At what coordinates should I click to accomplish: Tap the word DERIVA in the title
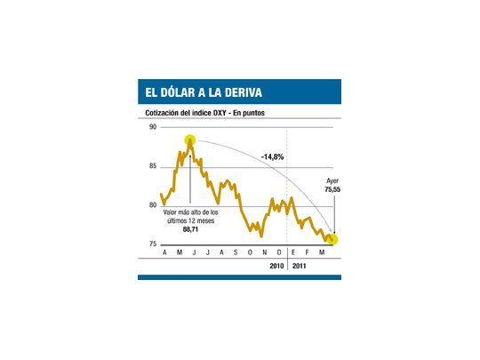click(238, 92)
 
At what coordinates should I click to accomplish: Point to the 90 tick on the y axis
click(153, 127)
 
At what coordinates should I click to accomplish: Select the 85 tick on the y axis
click(153, 166)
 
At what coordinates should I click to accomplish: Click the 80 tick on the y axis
click(153, 205)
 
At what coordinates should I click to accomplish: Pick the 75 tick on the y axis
click(153, 244)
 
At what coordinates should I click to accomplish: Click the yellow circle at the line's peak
click(190, 140)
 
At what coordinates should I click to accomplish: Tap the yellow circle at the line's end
click(332, 239)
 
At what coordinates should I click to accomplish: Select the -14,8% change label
click(273, 157)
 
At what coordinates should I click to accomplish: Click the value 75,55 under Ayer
click(332, 189)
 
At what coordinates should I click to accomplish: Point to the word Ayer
click(332, 180)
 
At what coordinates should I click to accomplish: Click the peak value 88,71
click(190, 230)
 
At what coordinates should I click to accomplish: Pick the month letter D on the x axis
click(278, 253)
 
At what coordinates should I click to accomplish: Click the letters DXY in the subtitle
click(220, 114)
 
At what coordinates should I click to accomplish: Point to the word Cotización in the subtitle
click(164, 114)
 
